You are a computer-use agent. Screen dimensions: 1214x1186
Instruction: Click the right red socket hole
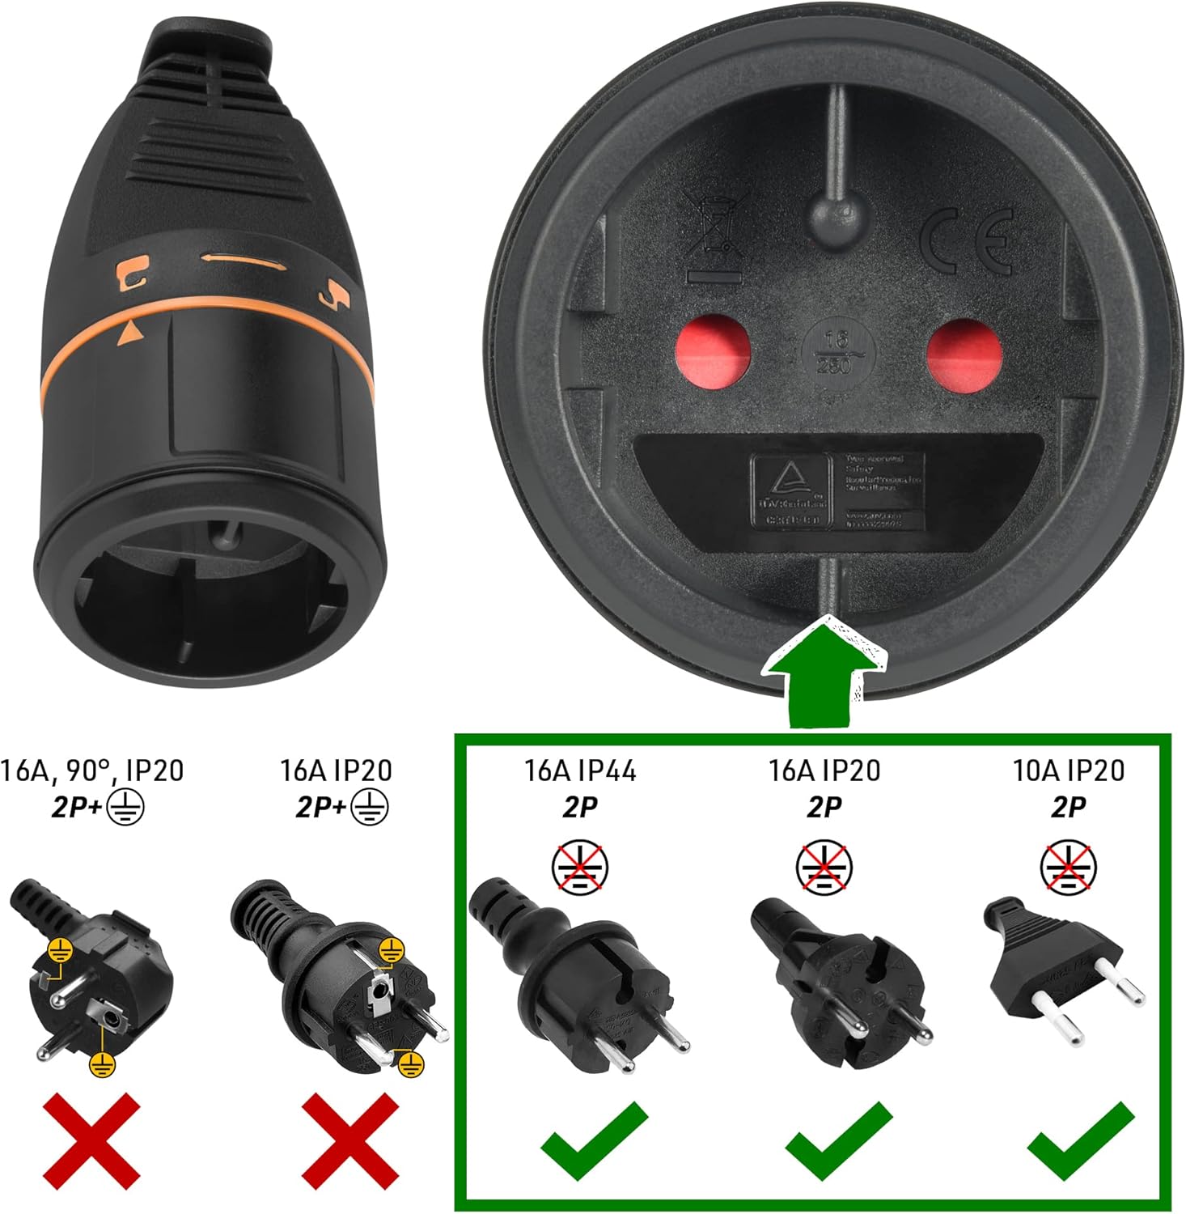pyautogui.click(x=964, y=354)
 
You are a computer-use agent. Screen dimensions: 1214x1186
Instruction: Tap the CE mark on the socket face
pyautogui.click(x=967, y=242)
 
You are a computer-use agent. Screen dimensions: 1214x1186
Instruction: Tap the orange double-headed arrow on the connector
pyautogui.click(x=242, y=260)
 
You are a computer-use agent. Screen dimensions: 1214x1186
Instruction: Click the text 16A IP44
pyautogui.click(x=579, y=770)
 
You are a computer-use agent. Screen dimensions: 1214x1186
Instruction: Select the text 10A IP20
pyautogui.click(x=1068, y=770)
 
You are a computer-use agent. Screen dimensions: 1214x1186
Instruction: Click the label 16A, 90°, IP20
pyautogui.click(x=92, y=770)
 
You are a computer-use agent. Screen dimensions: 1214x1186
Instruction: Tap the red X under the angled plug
pyautogui.click(x=91, y=1138)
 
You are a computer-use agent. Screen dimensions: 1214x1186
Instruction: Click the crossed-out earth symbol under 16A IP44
pyautogui.click(x=580, y=867)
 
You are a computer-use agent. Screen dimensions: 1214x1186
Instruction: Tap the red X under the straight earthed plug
pyautogui.click(x=350, y=1138)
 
